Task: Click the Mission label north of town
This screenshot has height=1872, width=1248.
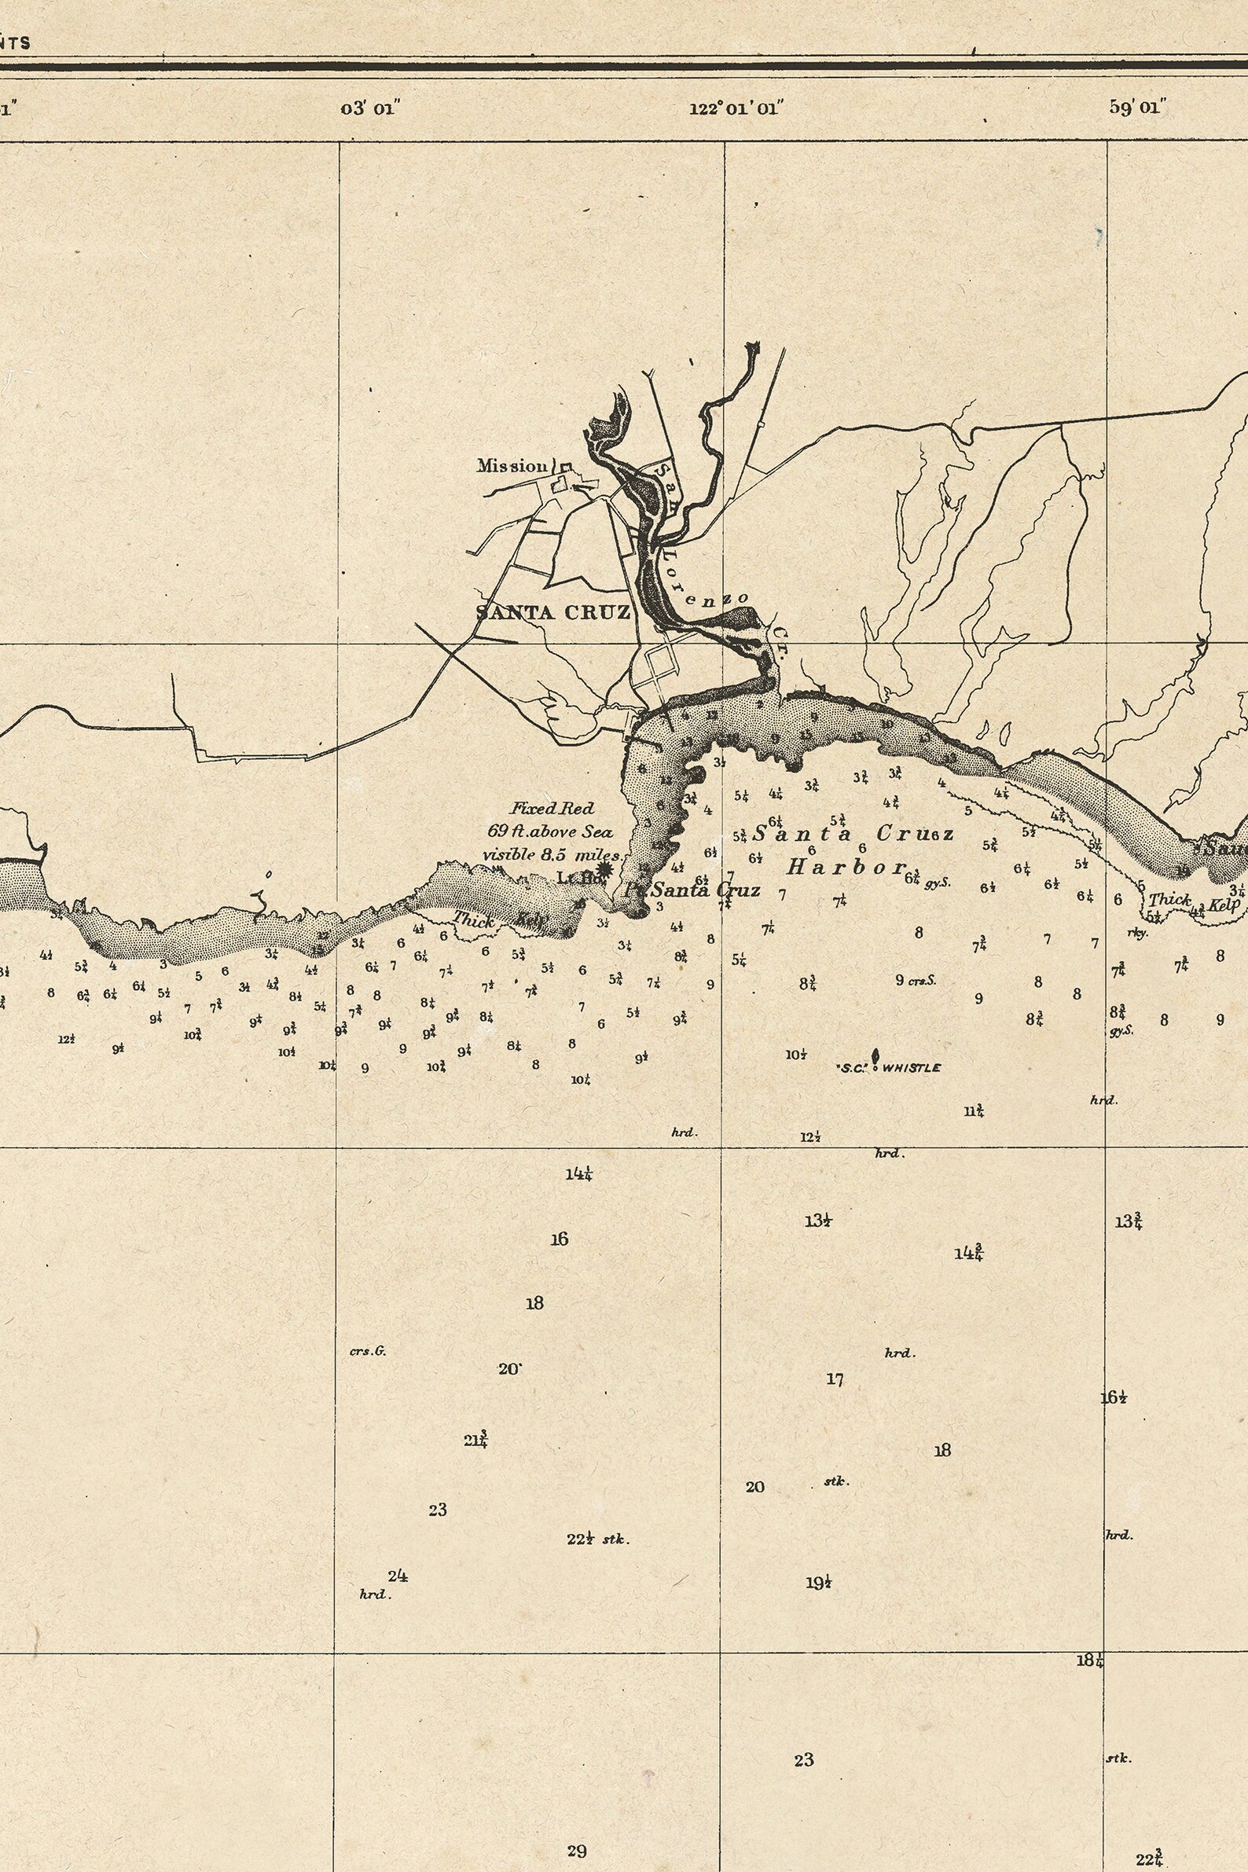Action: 512,465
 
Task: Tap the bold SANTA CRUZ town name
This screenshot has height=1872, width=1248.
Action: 553,612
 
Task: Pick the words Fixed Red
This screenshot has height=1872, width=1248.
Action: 552,809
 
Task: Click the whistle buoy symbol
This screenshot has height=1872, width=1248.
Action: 875,1056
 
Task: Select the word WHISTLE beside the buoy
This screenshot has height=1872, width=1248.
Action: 912,1068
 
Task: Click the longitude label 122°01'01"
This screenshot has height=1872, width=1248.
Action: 736,108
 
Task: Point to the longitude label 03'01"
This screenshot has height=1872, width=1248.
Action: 369,108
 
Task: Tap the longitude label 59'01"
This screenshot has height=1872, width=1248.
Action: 1137,108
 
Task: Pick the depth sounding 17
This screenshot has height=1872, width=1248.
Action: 834,1379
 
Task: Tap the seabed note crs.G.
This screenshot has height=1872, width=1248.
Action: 368,1351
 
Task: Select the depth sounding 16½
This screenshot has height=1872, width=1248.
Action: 1114,1397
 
